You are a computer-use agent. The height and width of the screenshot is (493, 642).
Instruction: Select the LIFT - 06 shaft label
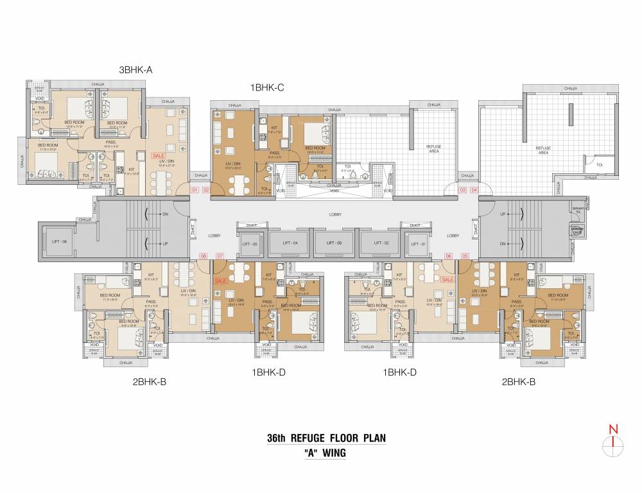[x=60, y=242]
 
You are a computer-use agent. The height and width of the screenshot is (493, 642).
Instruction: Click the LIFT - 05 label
[x=250, y=244]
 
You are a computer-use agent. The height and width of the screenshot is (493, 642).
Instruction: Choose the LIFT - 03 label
[x=334, y=243]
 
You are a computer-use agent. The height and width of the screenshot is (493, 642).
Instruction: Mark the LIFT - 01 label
[x=418, y=244]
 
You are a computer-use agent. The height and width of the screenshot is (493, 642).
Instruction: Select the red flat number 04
[x=474, y=190]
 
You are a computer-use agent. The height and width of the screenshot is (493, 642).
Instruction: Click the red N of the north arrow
[x=614, y=429]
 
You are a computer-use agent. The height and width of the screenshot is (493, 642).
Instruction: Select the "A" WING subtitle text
[x=325, y=453]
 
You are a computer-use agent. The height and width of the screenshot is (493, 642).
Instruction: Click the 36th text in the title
[x=277, y=438]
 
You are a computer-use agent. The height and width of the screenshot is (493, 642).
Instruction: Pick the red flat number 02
[x=206, y=190]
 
